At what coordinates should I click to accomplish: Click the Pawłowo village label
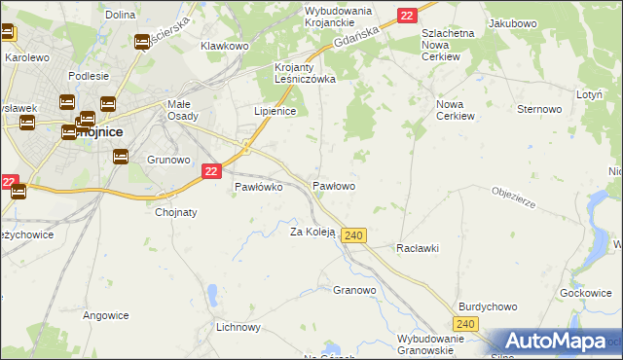tap(333, 185)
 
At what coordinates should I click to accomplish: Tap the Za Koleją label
tap(312, 232)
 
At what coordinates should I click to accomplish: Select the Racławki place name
tap(417, 248)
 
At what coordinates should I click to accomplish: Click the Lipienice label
tap(275, 111)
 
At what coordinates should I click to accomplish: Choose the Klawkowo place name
tap(225, 46)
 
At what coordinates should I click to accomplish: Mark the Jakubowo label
tap(513, 21)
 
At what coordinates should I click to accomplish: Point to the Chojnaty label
tap(176, 212)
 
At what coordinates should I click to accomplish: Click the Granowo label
tap(354, 290)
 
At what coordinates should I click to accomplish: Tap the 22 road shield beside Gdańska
tap(407, 15)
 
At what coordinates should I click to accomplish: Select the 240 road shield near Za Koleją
tap(354, 235)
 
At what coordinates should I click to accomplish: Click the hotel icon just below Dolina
tap(142, 42)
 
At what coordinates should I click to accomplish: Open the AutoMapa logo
tap(555, 341)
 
